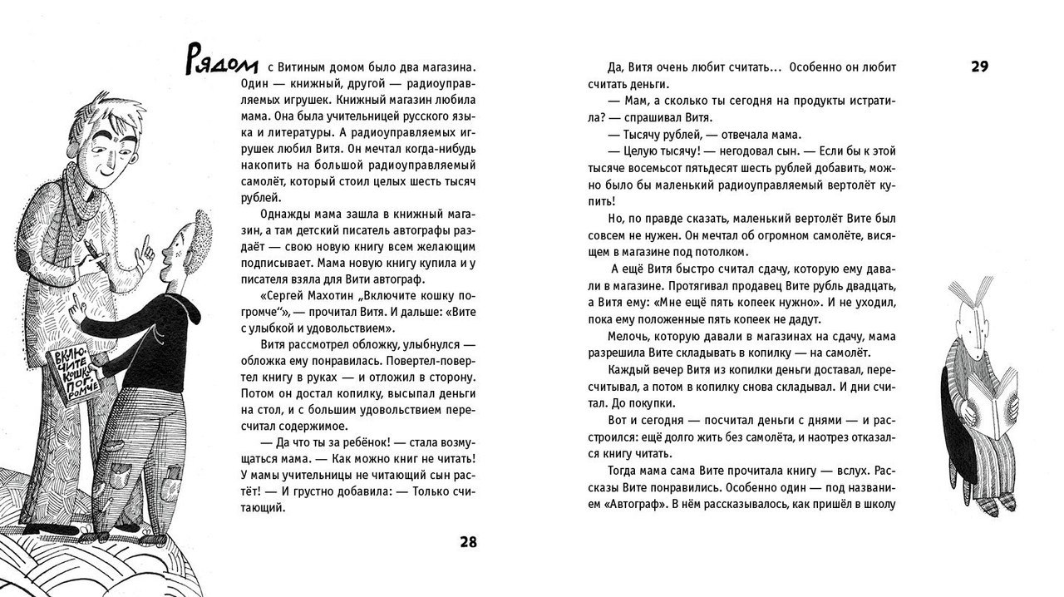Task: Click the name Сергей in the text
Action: [x=279, y=311]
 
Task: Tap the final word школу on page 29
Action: [x=879, y=504]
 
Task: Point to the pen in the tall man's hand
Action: [x=94, y=254]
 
